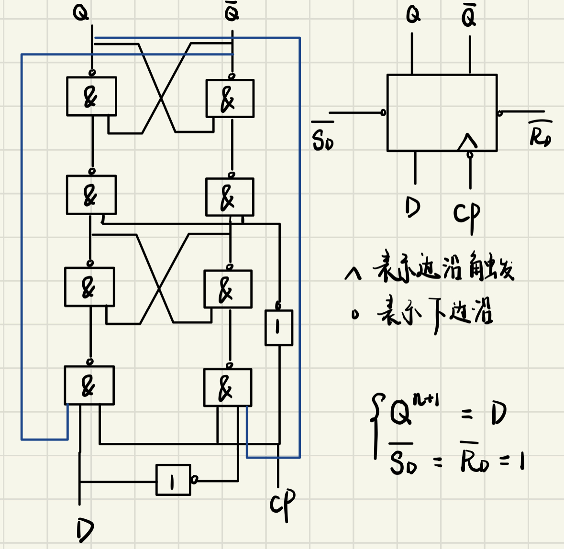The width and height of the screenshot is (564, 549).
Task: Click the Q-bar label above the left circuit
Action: (x=232, y=13)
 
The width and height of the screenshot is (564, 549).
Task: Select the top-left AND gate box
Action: (x=91, y=96)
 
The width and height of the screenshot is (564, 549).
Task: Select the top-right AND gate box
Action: (x=230, y=99)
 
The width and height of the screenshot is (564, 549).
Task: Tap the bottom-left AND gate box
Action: (x=89, y=385)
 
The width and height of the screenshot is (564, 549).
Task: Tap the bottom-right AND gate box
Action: (x=228, y=387)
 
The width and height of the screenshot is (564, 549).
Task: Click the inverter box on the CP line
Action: (x=279, y=328)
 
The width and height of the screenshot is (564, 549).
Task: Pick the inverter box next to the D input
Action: (x=173, y=480)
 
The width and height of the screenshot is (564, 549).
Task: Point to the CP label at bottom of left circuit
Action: (x=282, y=504)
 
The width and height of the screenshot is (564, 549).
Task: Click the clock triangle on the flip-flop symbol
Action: (x=467, y=142)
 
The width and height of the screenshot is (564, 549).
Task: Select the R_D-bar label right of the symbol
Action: (x=540, y=134)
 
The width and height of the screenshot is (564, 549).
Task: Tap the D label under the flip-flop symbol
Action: (x=412, y=207)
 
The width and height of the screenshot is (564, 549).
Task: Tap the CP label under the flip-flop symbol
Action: (x=466, y=215)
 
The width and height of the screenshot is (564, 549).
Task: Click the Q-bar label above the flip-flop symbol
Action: (x=469, y=16)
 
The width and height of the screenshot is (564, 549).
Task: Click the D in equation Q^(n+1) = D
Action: (x=498, y=413)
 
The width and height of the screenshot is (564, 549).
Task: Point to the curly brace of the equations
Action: (x=377, y=426)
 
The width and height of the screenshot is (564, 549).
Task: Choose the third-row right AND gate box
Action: (x=228, y=289)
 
